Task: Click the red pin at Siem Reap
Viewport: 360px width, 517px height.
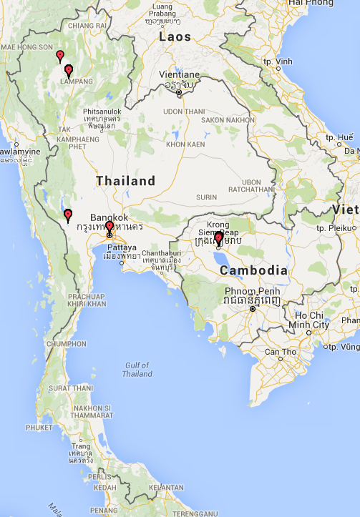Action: coord(218,238)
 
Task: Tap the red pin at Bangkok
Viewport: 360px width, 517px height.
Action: coord(109,226)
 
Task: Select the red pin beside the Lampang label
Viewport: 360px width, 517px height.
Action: coord(69,70)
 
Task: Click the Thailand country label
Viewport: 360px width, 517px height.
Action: coord(126,181)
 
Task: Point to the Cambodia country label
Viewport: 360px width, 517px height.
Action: coord(253,271)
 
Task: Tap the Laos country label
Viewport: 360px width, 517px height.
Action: coord(175,37)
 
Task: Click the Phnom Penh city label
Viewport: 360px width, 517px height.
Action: coord(245,292)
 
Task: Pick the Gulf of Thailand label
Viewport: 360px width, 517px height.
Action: coord(137,369)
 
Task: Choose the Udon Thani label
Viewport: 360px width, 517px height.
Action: coord(184,111)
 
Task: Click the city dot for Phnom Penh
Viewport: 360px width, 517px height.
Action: coord(253,309)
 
